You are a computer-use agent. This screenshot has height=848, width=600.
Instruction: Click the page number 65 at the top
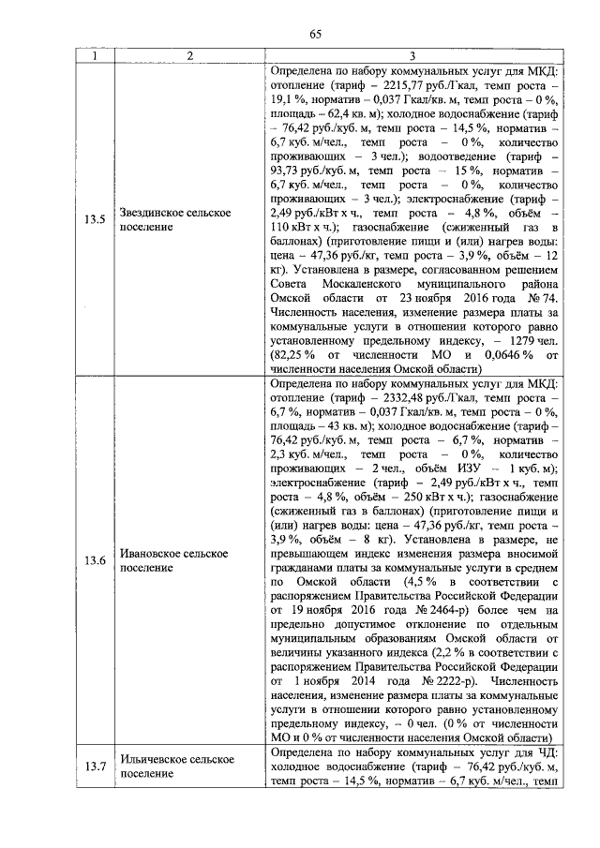(x=316, y=36)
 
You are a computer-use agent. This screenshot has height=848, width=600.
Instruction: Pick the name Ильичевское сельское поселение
(x=175, y=766)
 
